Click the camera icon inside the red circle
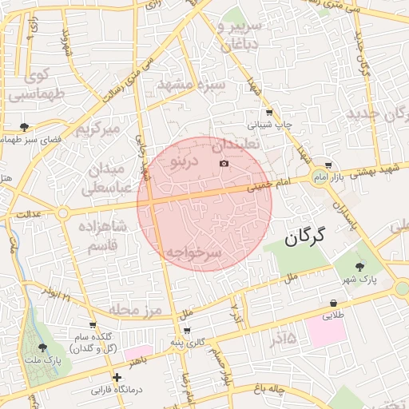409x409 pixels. point(224,164)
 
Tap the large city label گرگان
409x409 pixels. point(306,236)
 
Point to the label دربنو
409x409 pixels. point(184,161)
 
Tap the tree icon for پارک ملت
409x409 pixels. point(42,347)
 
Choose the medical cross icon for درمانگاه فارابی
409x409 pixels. point(117,376)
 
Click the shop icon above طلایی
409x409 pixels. point(333,303)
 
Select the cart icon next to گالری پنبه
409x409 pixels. point(187,330)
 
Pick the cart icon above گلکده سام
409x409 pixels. point(93,324)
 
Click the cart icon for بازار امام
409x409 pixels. point(328,165)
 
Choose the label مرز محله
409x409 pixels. point(136,309)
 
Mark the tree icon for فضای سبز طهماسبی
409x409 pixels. point(24,126)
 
